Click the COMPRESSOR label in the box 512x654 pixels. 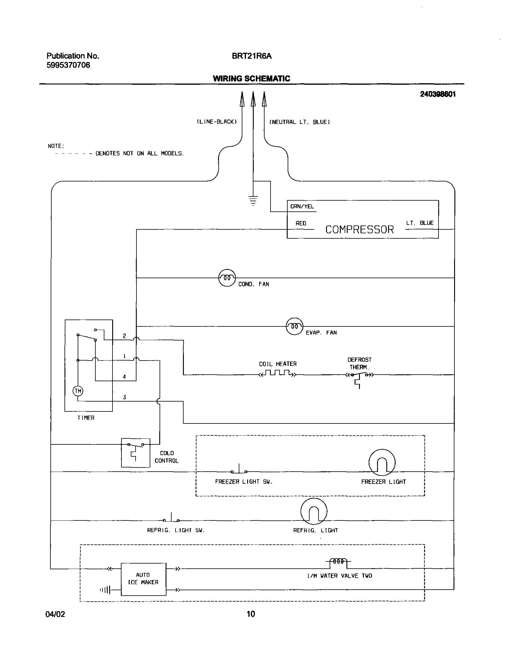[359, 230]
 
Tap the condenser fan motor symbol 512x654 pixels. [227, 278]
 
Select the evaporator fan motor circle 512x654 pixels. [295, 326]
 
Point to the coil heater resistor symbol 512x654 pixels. [278, 373]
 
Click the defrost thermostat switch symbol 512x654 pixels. [359, 376]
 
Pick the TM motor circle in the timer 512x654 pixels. [78, 391]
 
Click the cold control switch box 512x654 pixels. [136, 452]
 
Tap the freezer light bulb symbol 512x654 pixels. [382, 463]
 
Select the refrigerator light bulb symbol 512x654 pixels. [314, 511]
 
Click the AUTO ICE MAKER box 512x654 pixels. [143, 579]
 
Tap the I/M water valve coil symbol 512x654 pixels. [338, 562]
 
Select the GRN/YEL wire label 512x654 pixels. [302, 207]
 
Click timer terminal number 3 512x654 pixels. [124, 397]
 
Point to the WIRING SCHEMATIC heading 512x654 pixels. [251, 78]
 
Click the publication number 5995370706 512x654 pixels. [68, 65]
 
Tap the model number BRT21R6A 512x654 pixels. [252, 56]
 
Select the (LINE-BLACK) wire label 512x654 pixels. [217, 122]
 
